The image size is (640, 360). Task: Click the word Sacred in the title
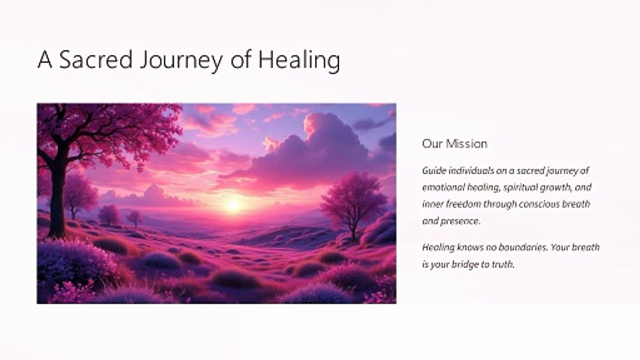coord(96,59)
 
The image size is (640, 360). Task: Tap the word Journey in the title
coord(181,61)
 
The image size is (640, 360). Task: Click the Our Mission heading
coord(454,143)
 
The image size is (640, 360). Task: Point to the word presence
coord(460,221)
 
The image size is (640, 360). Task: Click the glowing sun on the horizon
coord(233,205)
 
